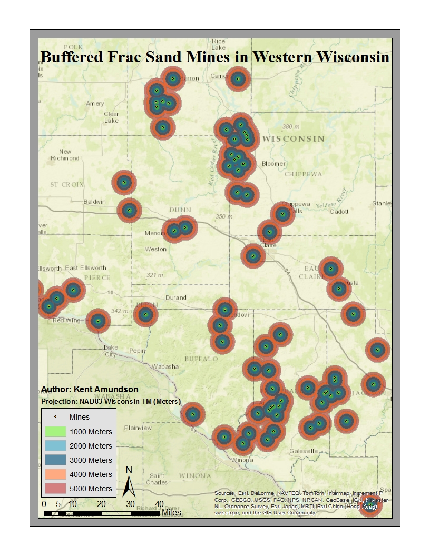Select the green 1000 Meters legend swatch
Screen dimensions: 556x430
(x=54, y=432)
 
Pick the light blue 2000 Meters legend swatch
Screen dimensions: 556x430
(x=54, y=446)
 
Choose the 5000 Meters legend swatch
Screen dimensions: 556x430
(x=54, y=489)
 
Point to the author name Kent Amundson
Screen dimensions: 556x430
(x=90, y=390)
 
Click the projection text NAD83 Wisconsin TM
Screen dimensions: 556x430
(x=111, y=402)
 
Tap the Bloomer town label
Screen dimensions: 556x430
(x=273, y=164)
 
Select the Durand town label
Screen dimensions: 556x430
(x=176, y=297)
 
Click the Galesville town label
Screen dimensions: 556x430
(x=304, y=451)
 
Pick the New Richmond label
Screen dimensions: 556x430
(x=65, y=155)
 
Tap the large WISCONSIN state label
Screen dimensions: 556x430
(x=293, y=139)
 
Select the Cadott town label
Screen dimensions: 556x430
(x=339, y=212)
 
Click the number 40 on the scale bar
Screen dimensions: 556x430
(x=159, y=504)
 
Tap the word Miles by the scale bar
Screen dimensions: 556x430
(x=172, y=512)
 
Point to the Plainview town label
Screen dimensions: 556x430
(x=138, y=428)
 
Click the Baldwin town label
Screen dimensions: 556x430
(x=95, y=202)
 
